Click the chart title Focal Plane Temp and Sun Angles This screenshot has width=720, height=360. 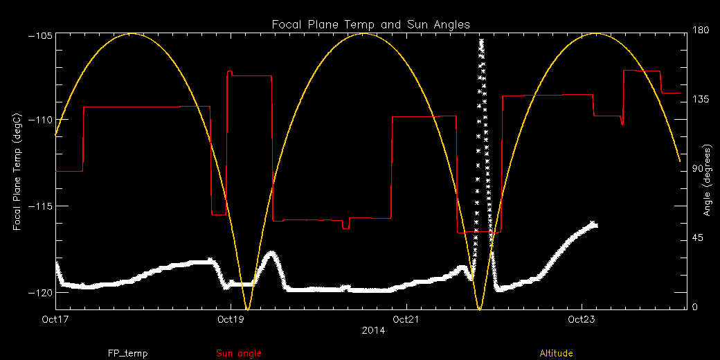tap(370, 25)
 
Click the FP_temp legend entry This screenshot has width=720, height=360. tap(127, 354)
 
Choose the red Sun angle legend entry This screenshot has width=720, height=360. tap(239, 354)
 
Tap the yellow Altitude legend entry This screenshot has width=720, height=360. tap(556, 354)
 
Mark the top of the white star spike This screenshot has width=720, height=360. tap(481, 42)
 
